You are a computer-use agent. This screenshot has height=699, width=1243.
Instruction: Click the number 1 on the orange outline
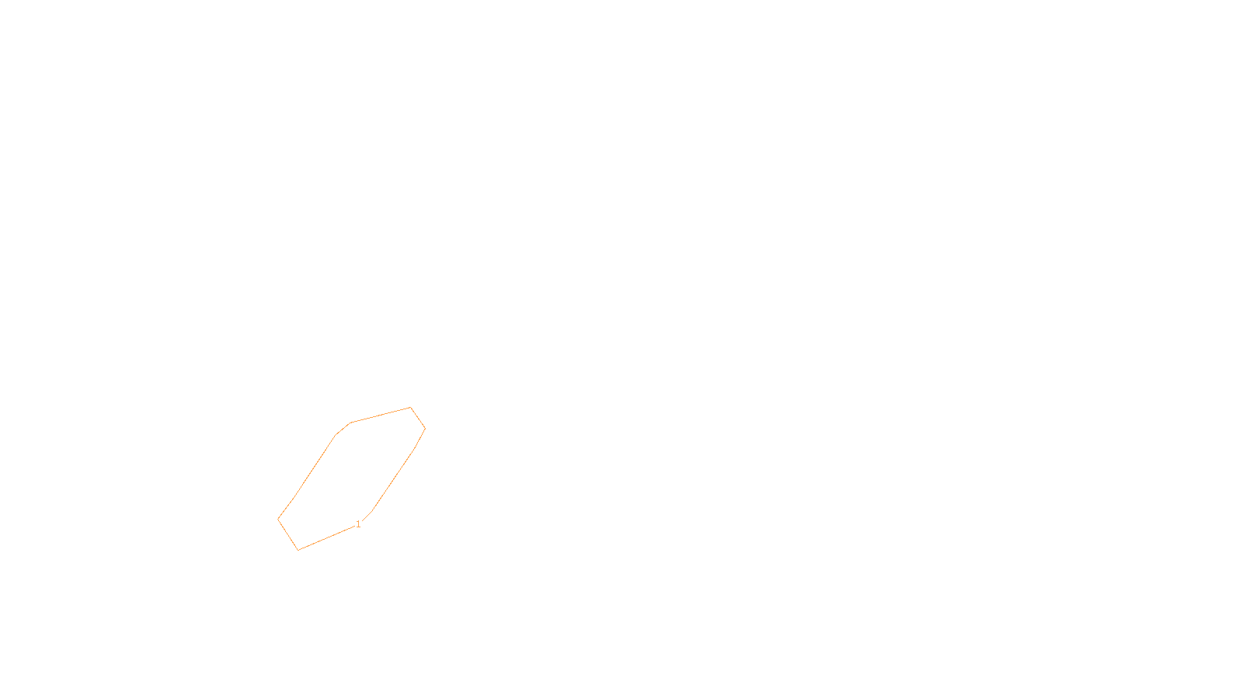358,524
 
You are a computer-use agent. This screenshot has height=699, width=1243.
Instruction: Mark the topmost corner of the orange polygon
410,407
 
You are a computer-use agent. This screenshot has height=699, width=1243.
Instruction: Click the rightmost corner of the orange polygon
425,428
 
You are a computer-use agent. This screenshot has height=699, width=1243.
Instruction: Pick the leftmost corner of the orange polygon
278,519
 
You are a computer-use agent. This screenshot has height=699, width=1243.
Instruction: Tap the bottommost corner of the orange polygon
298,550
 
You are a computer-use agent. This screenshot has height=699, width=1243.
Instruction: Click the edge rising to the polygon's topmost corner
381,415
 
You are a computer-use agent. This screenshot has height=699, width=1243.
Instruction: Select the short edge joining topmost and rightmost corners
418,418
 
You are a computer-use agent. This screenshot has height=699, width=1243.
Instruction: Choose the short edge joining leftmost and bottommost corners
288,534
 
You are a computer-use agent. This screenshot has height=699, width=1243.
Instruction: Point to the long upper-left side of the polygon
317,463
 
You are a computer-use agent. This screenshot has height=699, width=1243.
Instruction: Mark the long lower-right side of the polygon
394,479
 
